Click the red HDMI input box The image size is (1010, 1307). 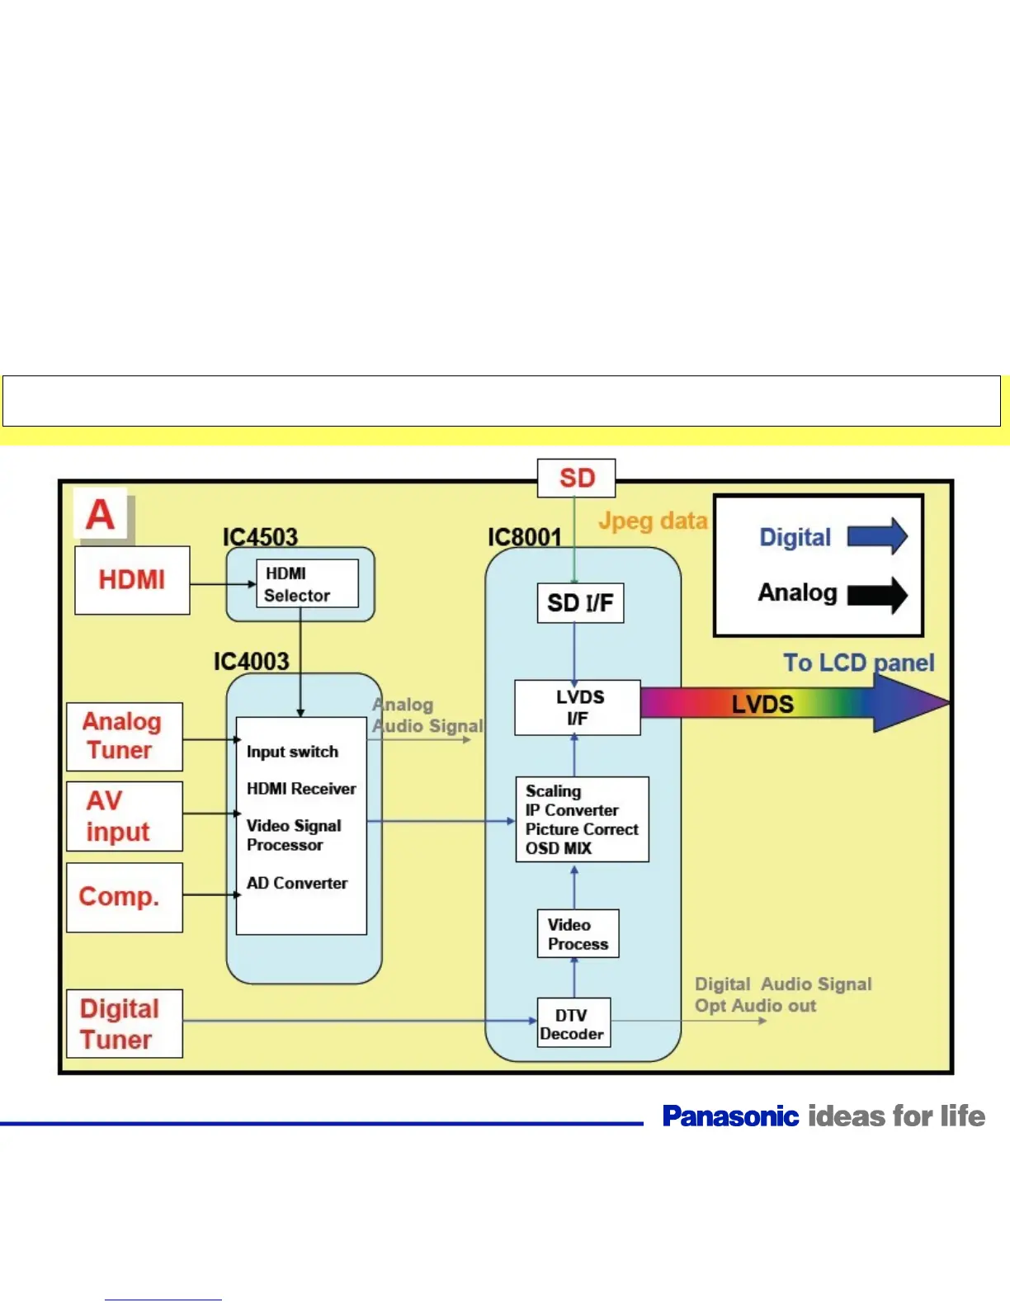click(132, 580)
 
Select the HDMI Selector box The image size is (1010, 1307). click(307, 584)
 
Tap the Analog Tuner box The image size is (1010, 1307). click(124, 736)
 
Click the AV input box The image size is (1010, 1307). click(124, 816)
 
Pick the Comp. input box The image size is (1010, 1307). click(124, 897)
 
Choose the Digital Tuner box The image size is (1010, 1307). click(124, 1023)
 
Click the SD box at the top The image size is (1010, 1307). click(576, 478)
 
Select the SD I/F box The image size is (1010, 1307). click(580, 603)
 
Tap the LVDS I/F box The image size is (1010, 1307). click(578, 707)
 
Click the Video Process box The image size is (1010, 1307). click(578, 934)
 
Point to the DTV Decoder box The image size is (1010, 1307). click(573, 1023)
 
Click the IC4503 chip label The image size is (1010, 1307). click(260, 537)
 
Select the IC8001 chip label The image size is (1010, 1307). click(524, 537)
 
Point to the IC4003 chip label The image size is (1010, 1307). click(251, 662)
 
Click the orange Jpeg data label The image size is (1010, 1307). click(653, 521)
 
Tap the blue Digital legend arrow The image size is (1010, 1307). click(877, 536)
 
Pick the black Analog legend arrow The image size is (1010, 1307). click(877, 594)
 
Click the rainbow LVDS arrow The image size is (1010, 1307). click(792, 704)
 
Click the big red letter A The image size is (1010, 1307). click(101, 515)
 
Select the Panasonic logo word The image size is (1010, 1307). click(730, 1116)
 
